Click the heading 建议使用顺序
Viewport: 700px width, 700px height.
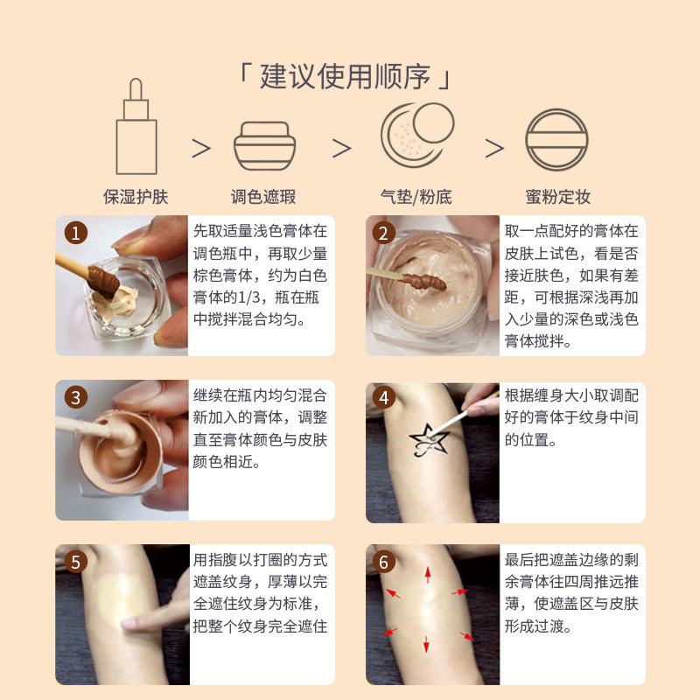point(345,77)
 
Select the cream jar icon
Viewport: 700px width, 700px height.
point(265,146)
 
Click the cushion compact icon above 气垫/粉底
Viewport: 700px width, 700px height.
point(417,135)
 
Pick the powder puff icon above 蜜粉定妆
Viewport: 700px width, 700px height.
point(556,140)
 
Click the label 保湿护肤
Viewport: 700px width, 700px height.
point(136,196)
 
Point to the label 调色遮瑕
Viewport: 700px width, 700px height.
point(263,196)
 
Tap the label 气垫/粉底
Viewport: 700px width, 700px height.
point(416,196)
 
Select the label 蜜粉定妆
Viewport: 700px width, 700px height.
point(558,196)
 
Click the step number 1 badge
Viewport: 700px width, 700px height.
point(76,233)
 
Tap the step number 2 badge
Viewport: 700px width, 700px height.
point(383,233)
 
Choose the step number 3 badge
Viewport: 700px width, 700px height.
point(76,397)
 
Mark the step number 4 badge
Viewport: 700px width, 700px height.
point(383,397)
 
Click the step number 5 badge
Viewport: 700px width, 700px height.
point(76,562)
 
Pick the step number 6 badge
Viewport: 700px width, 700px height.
point(383,562)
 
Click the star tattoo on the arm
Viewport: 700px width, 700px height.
point(429,441)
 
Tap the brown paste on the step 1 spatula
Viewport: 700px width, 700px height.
point(103,281)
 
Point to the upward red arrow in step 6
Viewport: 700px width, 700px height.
point(428,575)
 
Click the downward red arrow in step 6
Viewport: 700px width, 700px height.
point(426,644)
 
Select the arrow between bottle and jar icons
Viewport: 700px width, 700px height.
point(201,148)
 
